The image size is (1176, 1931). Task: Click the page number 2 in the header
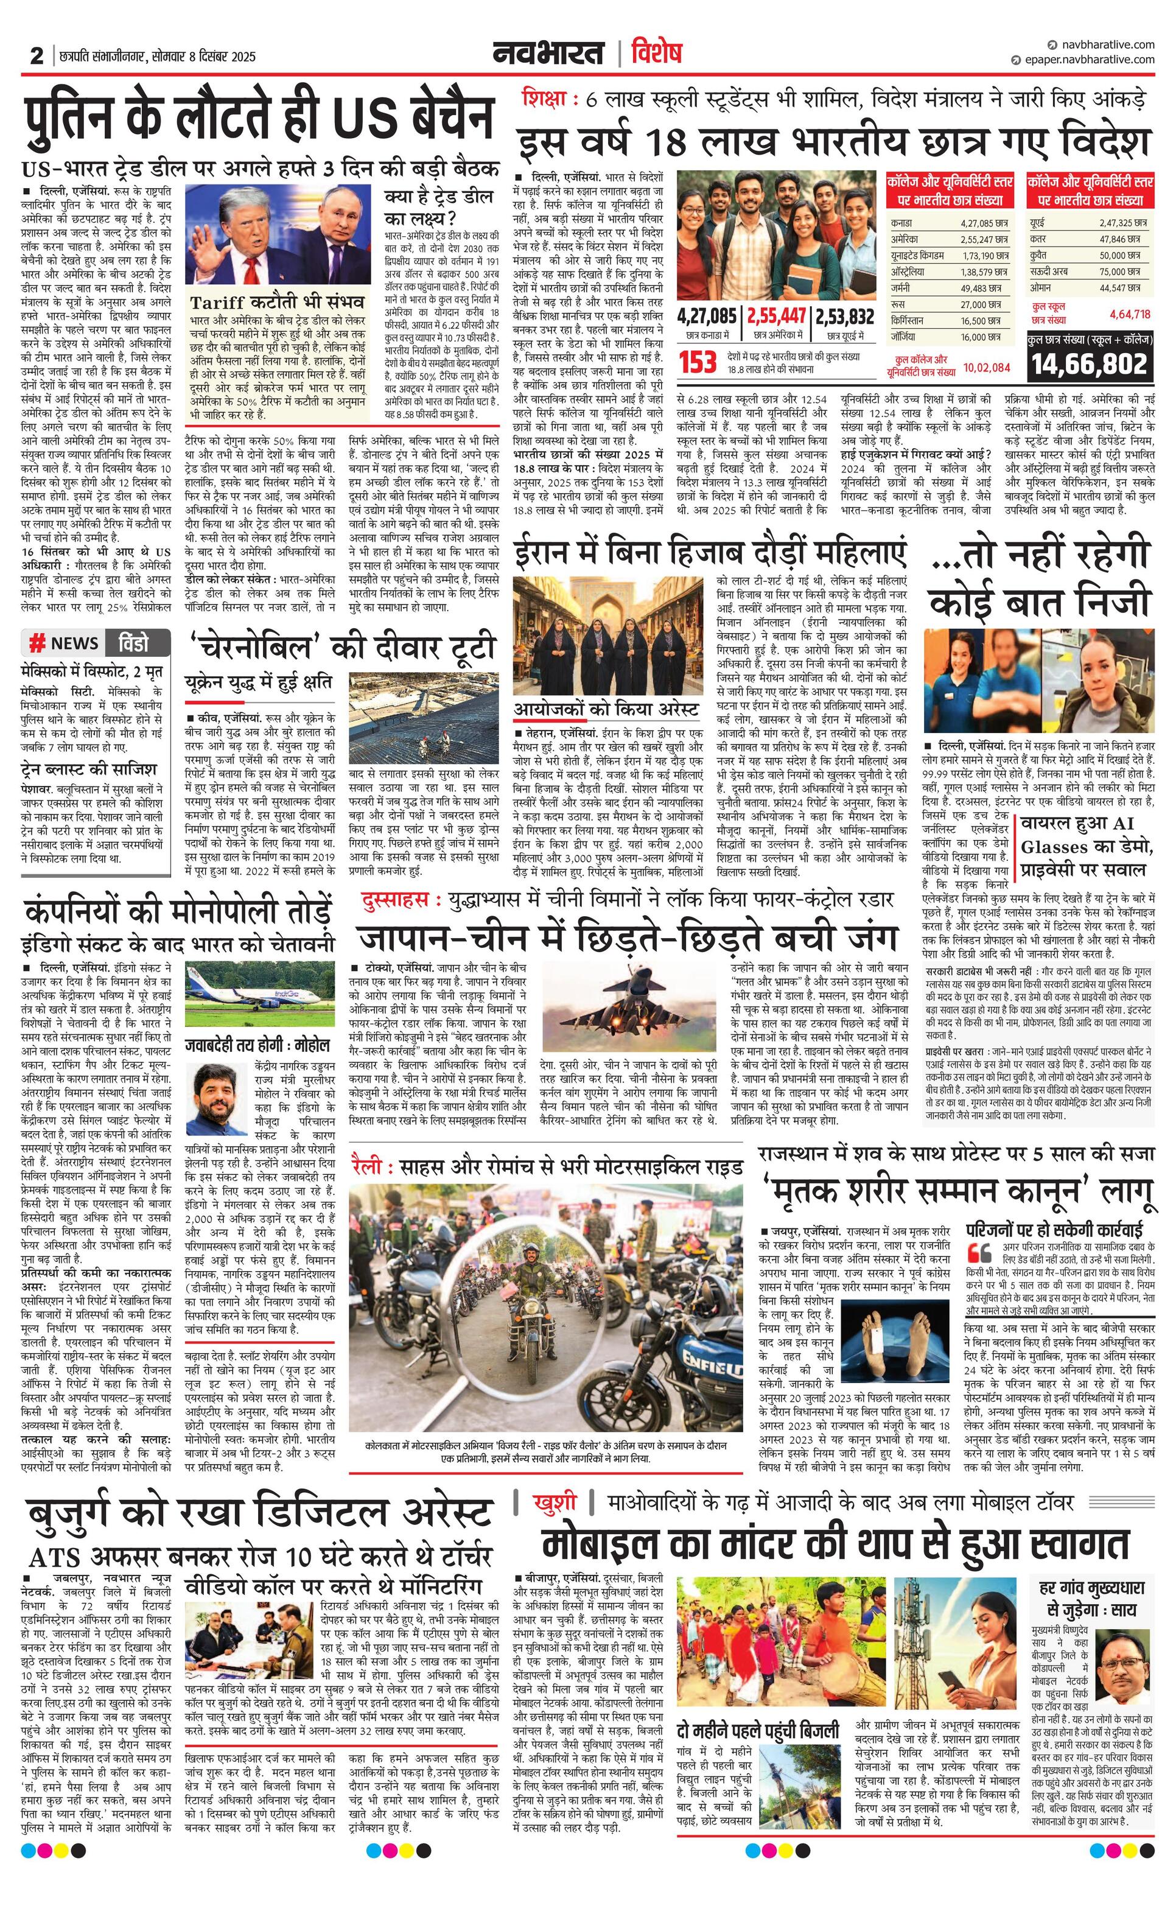coord(36,55)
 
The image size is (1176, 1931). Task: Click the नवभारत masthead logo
coord(548,54)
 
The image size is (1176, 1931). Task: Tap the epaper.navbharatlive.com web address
coord(1089,60)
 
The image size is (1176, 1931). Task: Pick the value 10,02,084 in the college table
coord(987,366)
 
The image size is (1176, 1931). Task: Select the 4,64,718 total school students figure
coord(1130,314)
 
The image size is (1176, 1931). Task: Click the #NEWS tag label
coord(65,643)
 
